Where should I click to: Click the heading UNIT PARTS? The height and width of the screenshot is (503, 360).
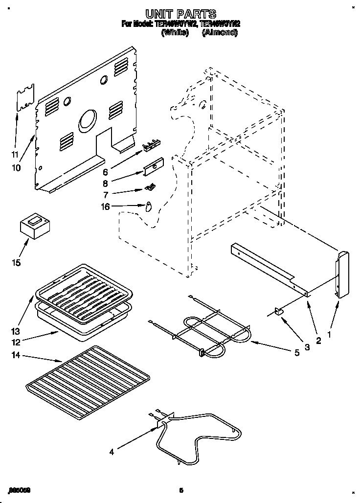pos(180,14)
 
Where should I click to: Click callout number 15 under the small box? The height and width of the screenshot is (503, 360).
pos(17,263)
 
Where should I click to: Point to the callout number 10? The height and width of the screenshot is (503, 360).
pos(16,168)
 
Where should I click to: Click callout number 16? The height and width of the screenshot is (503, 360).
pos(104,206)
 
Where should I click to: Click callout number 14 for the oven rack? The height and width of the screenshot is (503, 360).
pos(17,357)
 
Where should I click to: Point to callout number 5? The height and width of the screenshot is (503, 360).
pos(296,351)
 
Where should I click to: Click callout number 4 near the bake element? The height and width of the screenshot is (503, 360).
pos(112,452)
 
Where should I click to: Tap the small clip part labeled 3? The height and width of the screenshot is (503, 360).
pos(279,312)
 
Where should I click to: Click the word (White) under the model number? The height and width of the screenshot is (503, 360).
pos(175,33)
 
